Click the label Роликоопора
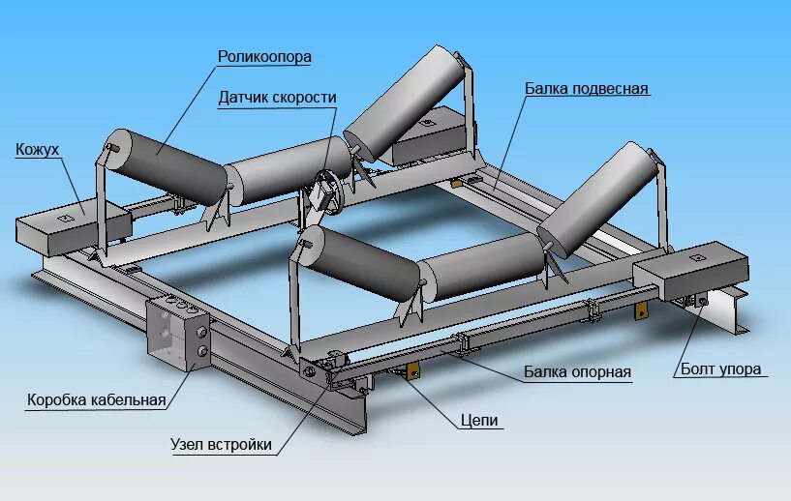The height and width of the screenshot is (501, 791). click(263, 57)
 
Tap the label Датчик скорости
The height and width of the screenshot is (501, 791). click(277, 98)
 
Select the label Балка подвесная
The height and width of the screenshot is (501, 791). click(587, 89)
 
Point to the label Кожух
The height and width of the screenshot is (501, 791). click(38, 149)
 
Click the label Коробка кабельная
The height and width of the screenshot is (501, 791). click(97, 399)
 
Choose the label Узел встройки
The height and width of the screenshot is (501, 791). click(221, 445)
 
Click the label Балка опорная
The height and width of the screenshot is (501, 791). click(577, 371)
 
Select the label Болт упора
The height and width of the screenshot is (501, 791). click(720, 368)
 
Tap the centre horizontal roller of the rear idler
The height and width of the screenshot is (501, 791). click(286, 171)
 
